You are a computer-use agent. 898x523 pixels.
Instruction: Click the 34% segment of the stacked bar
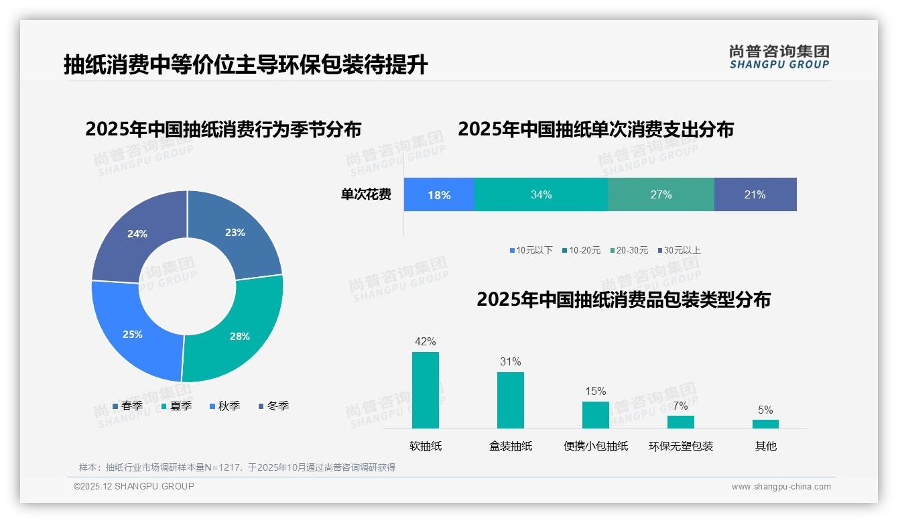541,194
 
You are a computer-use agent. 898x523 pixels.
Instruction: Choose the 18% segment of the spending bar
439,194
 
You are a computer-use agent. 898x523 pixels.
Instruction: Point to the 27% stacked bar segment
661,194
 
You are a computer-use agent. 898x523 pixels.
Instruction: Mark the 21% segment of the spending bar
755,194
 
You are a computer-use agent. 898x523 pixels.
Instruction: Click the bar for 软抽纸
426,390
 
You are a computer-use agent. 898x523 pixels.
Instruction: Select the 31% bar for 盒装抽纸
511,400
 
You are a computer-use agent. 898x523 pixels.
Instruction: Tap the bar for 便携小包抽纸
596,415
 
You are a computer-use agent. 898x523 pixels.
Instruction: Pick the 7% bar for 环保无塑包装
681,422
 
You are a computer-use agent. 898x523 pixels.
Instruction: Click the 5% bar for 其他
765,424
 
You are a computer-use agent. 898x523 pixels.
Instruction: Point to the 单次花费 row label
366,194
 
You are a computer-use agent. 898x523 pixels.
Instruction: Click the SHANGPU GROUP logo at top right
779,56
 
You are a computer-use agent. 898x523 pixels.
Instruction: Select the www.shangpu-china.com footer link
781,486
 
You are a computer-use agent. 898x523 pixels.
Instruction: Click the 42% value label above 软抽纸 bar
426,341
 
